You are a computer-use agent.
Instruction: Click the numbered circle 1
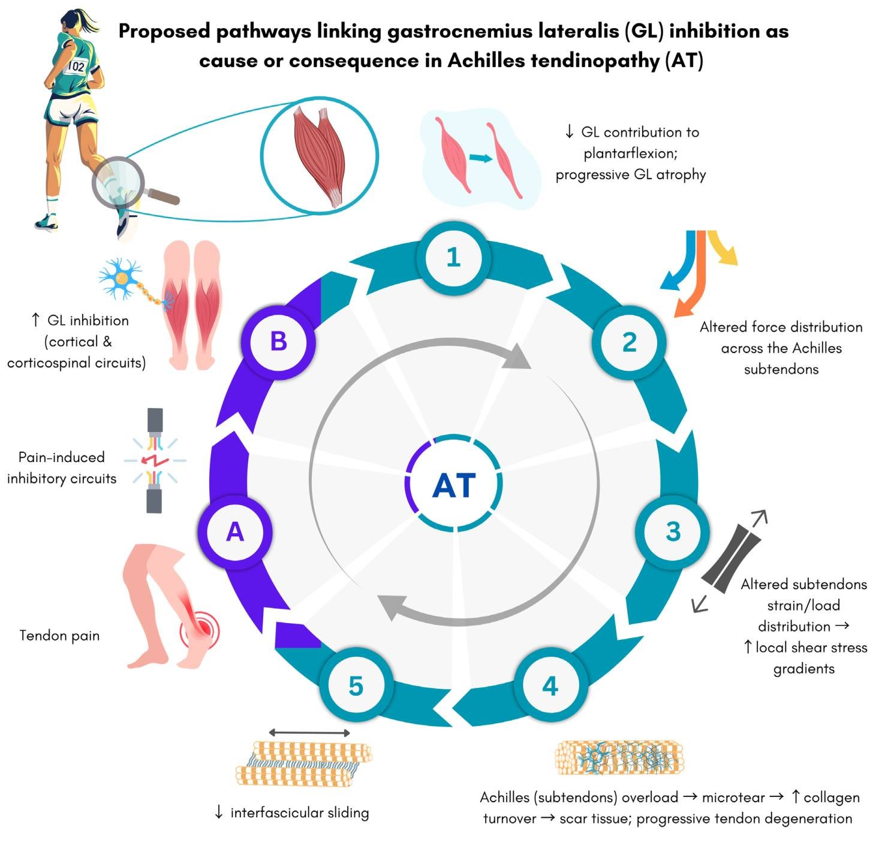[x=453, y=258]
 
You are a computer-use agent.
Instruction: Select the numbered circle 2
[x=629, y=342]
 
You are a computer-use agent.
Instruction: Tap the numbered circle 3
[x=673, y=531]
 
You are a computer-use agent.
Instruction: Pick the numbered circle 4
[x=550, y=685]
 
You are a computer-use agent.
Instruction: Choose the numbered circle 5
[x=356, y=685]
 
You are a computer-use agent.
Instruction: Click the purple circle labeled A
[x=235, y=532]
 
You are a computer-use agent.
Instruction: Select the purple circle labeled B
[x=279, y=342]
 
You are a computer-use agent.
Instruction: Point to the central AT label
[x=454, y=485]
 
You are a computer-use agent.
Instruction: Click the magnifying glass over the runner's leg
[x=118, y=181]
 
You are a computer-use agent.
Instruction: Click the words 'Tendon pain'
[x=59, y=636]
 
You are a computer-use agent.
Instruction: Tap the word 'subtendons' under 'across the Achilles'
[x=781, y=369]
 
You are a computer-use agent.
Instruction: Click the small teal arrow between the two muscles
[x=480, y=158]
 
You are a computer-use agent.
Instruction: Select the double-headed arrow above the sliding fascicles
[x=309, y=733]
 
